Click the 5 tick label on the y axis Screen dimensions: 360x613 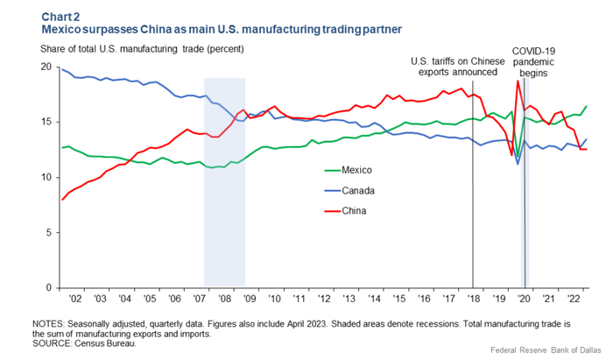[47, 233]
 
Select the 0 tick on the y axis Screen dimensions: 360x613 [47, 288]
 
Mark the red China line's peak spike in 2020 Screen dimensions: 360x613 [518, 81]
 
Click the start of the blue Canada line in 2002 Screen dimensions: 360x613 [61, 69]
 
